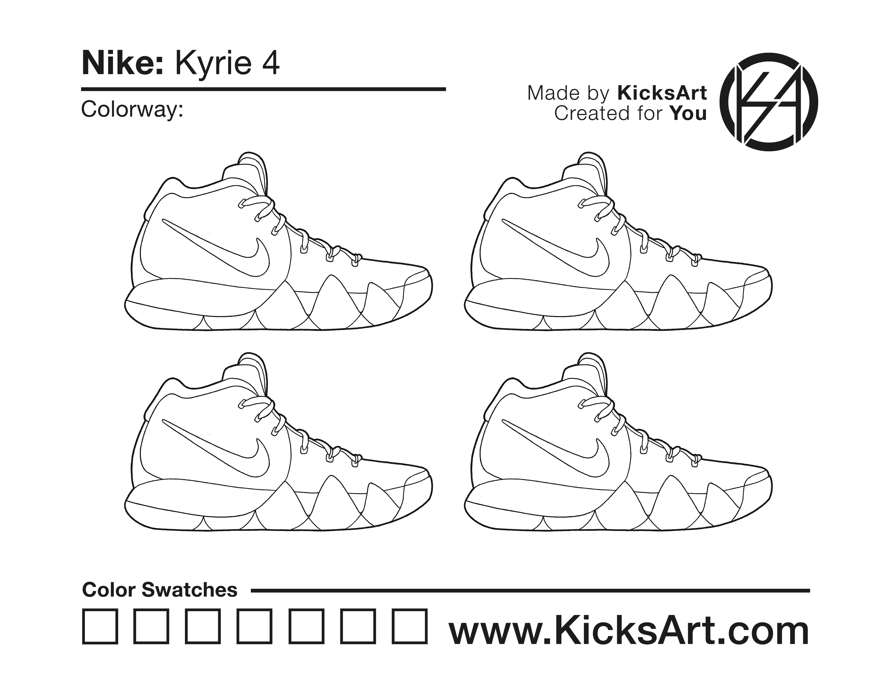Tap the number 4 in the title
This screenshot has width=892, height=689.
point(270,64)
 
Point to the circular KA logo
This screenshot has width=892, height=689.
point(769,102)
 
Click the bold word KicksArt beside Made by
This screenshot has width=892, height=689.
point(662,93)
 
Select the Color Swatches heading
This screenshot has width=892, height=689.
point(160,590)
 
